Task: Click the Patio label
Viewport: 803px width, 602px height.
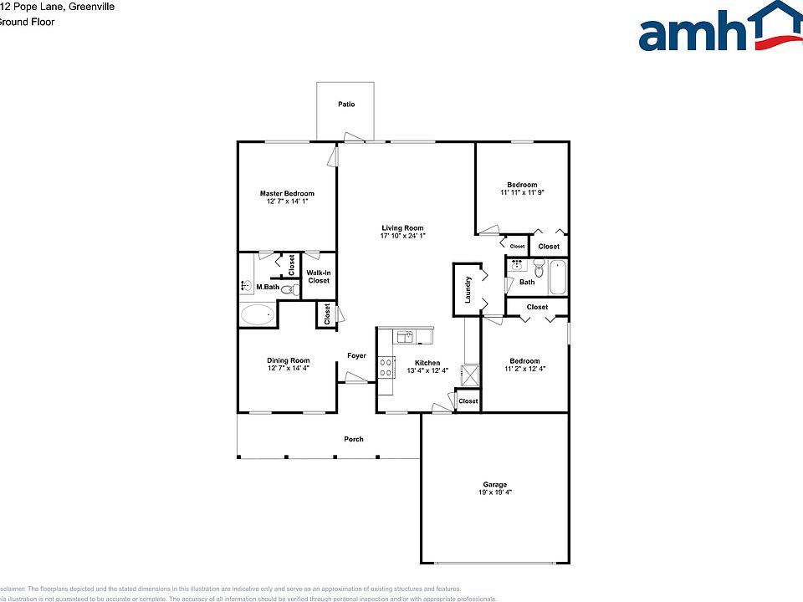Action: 345,105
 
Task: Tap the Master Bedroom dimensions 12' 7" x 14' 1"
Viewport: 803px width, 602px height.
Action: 288,202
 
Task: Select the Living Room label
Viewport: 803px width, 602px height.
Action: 402,227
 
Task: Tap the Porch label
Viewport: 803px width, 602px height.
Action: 354,439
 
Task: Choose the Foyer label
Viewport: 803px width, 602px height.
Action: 356,356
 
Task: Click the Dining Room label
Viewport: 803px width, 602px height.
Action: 288,360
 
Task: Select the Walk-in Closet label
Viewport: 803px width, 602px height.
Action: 319,277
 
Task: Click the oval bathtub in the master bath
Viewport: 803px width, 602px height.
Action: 258,315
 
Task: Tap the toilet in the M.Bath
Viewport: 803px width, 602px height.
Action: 289,290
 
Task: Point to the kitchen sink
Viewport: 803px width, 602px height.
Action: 406,336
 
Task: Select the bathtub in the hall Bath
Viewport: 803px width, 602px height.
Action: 558,278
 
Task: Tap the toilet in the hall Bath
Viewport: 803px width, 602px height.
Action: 538,269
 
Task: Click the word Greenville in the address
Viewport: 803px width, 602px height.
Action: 92,7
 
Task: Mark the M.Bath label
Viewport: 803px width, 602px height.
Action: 267,288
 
